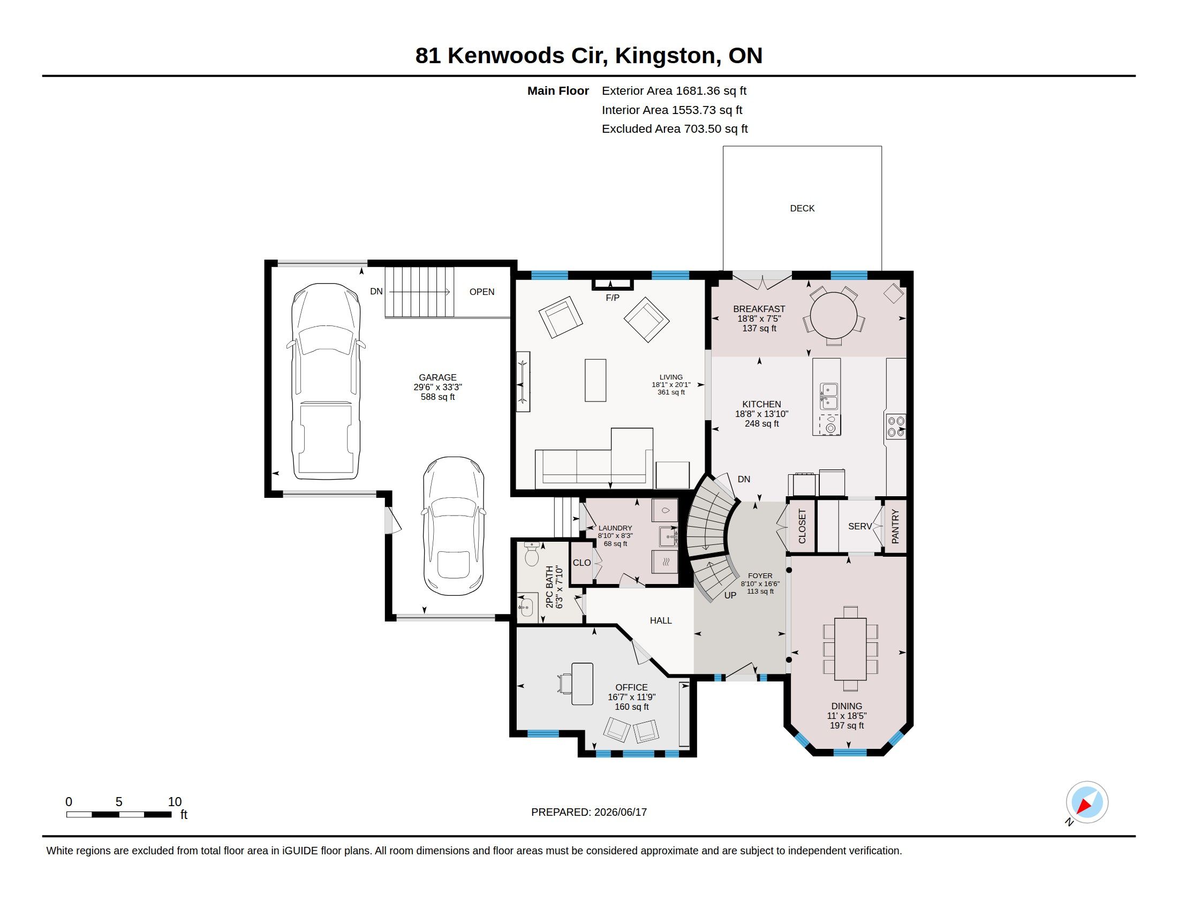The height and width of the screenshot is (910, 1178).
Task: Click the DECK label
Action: (x=802, y=208)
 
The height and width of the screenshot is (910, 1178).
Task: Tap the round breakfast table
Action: (x=833, y=315)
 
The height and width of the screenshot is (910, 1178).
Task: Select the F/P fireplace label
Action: (x=612, y=298)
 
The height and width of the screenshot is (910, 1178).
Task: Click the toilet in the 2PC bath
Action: (x=532, y=554)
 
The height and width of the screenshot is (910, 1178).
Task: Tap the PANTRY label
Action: (x=895, y=527)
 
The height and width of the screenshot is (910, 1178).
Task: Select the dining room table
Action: (x=850, y=649)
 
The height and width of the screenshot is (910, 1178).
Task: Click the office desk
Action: (x=582, y=684)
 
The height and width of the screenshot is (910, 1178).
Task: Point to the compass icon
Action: (x=1087, y=802)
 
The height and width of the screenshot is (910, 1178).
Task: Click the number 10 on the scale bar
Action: (x=174, y=802)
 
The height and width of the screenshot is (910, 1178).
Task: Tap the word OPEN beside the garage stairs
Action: (x=482, y=292)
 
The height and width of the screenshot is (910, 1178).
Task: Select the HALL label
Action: (x=661, y=620)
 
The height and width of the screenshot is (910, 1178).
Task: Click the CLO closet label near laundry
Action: (x=582, y=563)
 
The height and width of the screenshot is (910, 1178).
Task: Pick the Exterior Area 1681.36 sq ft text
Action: (x=674, y=91)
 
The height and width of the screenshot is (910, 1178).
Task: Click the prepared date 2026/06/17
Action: (x=620, y=812)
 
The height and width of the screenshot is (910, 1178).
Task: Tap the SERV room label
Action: (x=860, y=526)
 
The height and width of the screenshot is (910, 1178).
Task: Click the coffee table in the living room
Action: (x=595, y=380)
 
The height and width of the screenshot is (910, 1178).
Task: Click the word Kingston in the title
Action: (x=665, y=56)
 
